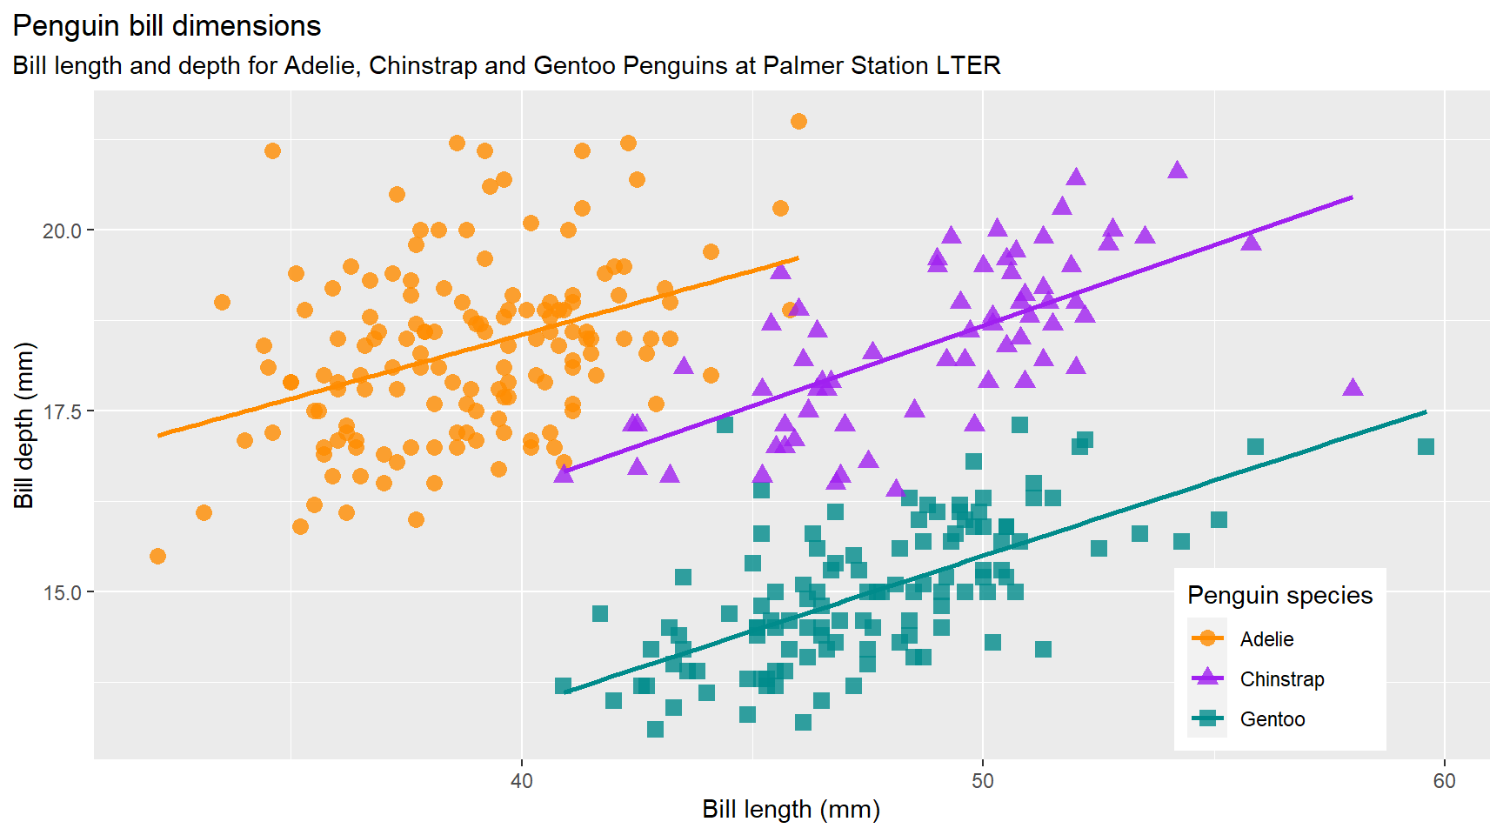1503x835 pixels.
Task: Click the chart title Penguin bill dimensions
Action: click(x=166, y=26)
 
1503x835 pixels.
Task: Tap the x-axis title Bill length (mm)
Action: click(x=791, y=810)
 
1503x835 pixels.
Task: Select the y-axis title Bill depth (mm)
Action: click(x=23, y=425)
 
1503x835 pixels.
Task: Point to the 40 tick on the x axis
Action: click(x=522, y=781)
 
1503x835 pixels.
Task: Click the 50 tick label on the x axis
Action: click(x=983, y=781)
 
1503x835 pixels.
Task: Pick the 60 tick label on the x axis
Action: click(x=1444, y=781)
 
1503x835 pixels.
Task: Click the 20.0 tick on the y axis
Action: click(x=62, y=230)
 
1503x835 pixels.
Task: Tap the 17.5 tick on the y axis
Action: click(x=62, y=411)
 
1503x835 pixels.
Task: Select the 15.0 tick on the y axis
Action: click(x=62, y=592)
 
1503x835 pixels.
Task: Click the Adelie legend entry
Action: click(x=1266, y=639)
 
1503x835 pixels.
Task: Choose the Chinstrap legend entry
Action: click(x=1281, y=679)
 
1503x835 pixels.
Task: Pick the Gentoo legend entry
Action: click(x=1272, y=719)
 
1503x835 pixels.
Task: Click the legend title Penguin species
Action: click(x=1279, y=595)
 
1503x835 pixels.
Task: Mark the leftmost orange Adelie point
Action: click(x=157, y=556)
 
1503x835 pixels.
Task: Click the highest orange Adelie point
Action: click(x=798, y=121)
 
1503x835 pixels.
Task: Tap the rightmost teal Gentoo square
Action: click(x=1426, y=446)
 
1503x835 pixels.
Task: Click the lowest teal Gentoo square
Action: click(x=655, y=729)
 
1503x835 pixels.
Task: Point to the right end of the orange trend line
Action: click(x=798, y=258)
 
